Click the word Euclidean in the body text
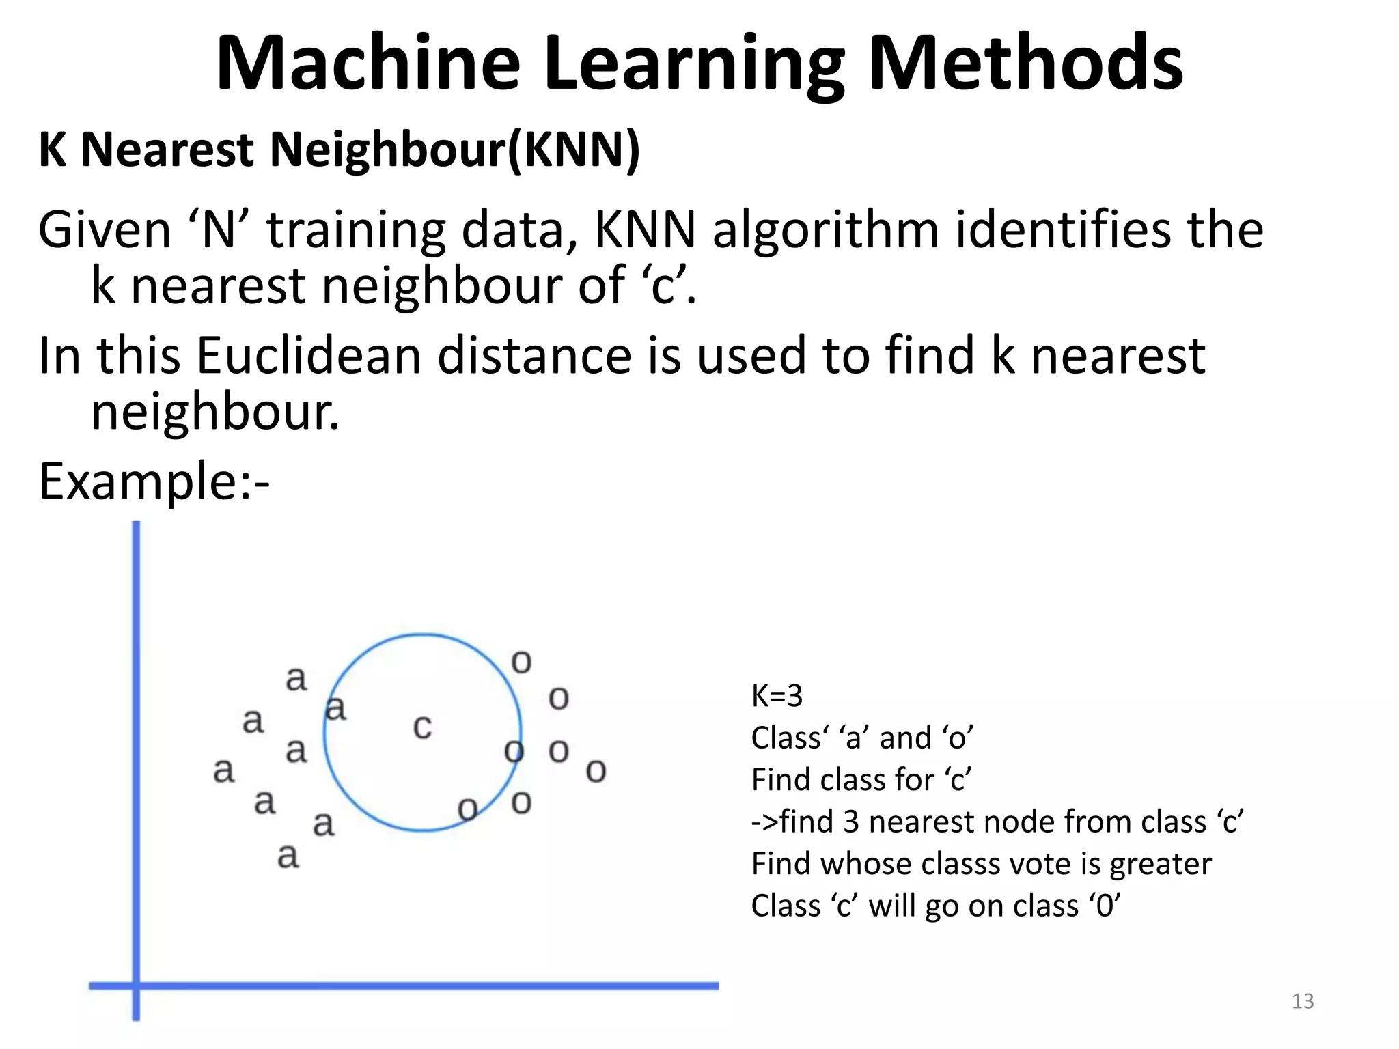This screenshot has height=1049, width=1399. click(x=309, y=356)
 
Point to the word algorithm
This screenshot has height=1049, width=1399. click(x=825, y=230)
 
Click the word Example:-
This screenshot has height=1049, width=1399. click(x=154, y=482)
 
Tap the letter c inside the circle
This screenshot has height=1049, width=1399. click(x=422, y=727)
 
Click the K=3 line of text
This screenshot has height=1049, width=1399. click(x=777, y=696)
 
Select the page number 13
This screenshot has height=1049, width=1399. click(x=1303, y=1001)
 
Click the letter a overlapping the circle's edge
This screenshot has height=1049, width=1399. click(x=335, y=708)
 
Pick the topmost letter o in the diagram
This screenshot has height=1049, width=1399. click(x=521, y=662)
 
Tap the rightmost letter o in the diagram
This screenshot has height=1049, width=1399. click(x=596, y=771)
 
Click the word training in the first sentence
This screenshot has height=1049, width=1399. click(x=355, y=230)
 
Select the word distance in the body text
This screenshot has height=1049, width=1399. click(x=534, y=356)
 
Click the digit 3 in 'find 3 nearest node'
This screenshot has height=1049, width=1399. click(x=850, y=822)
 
